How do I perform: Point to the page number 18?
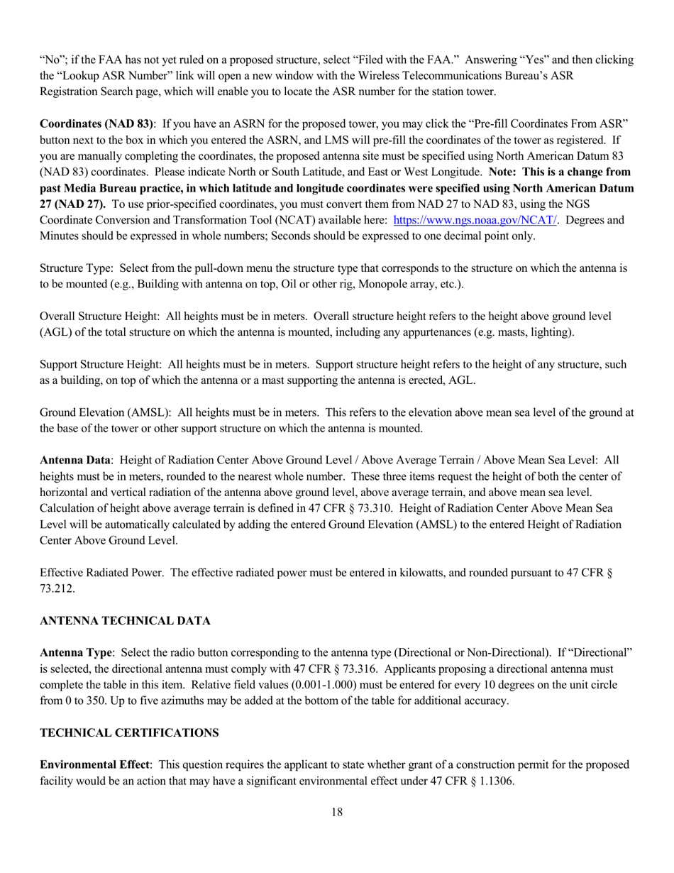click(337, 812)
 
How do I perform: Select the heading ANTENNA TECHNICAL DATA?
click(125, 620)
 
